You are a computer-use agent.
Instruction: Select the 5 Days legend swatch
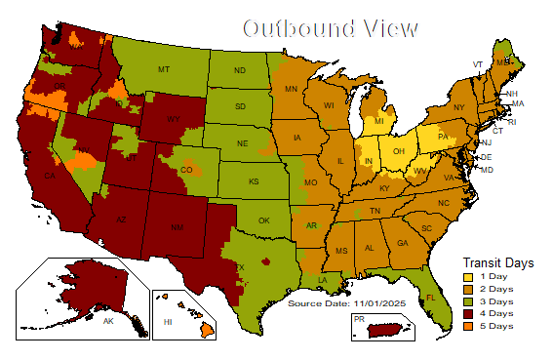(x=467, y=326)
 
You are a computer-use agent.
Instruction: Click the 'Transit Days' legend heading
(x=497, y=261)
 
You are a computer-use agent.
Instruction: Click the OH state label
(x=398, y=152)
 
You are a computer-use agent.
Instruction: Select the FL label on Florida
(x=430, y=298)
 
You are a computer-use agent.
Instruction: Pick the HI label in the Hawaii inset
(x=168, y=321)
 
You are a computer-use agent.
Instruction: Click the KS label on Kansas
(x=253, y=182)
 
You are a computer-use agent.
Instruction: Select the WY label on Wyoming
(x=173, y=120)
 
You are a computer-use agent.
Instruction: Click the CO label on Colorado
(x=186, y=170)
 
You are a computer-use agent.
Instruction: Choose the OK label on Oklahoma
(x=262, y=220)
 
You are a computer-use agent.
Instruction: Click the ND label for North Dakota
(x=240, y=71)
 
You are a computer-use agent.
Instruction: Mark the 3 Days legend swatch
(x=467, y=300)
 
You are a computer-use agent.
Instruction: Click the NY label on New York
(x=458, y=107)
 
